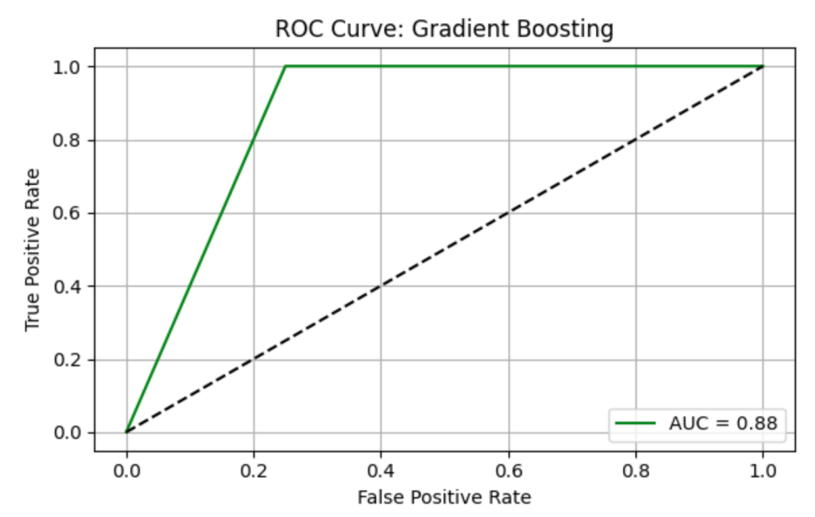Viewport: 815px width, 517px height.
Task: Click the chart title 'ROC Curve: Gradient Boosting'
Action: pos(444,29)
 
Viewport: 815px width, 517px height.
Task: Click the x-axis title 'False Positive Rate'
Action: pos(444,497)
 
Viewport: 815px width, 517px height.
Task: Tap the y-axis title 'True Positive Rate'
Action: pos(33,249)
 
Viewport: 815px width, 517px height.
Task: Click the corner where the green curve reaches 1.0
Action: pos(286,67)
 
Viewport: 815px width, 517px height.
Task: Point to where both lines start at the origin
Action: pos(126,432)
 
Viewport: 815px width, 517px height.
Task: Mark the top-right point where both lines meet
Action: pos(763,67)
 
